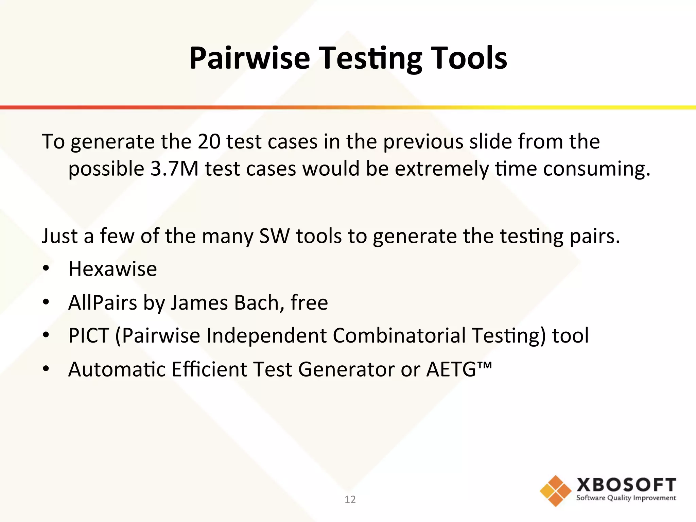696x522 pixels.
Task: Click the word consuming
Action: [596, 169]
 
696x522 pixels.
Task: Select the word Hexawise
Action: [112, 269]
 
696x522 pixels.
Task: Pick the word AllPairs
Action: [102, 302]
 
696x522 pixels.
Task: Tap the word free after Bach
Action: [309, 302]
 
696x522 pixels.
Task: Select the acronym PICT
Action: [89, 335]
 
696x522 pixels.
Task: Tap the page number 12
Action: [350, 499]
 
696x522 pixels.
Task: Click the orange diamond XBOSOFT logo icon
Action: [555, 491]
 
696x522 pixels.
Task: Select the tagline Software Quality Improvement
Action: [626, 498]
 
